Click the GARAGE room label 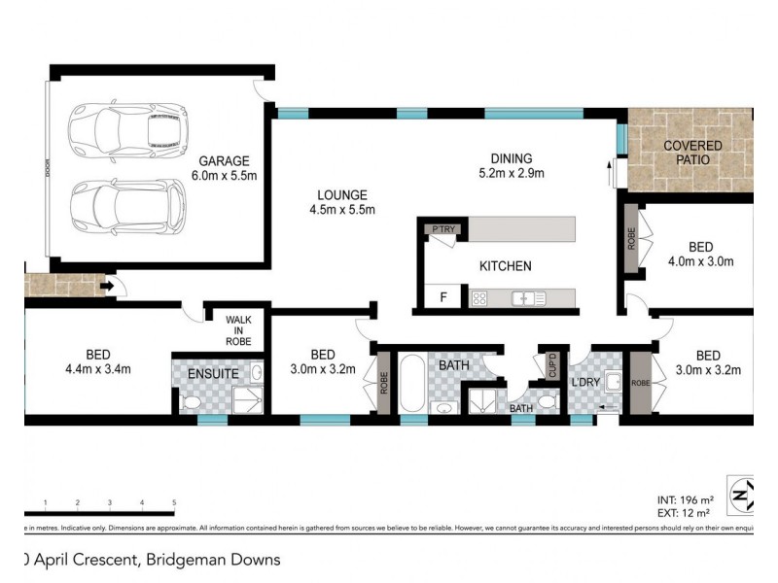click(225, 161)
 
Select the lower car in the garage click(126, 205)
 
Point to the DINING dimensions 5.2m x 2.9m click(511, 175)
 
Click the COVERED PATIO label click(692, 153)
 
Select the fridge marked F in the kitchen click(443, 297)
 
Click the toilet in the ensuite click(192, 403)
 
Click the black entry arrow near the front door click(111, 286)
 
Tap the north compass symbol click(742, 496)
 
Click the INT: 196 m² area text click(684, 495)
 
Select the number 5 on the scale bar click(174, 503)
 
